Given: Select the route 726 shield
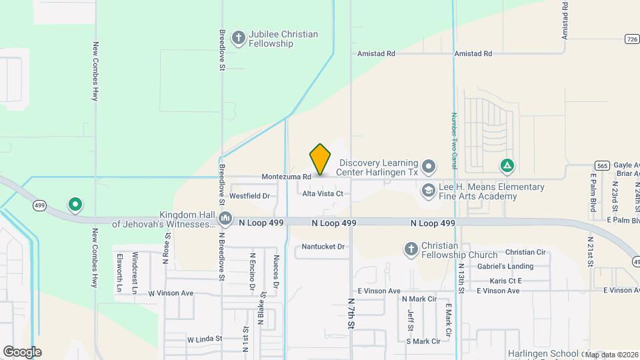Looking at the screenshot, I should coord(633,39).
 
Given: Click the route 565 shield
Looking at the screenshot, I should coord(602,165).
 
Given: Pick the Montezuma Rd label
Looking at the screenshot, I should coord(287,177).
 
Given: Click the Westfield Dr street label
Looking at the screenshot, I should coord(249,196).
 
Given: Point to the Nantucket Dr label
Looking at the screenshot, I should coord(323,247).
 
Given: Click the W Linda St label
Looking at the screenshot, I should coord(204,339).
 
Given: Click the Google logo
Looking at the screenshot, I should coord(22,352).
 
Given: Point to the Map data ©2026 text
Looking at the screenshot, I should coord(612,355).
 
